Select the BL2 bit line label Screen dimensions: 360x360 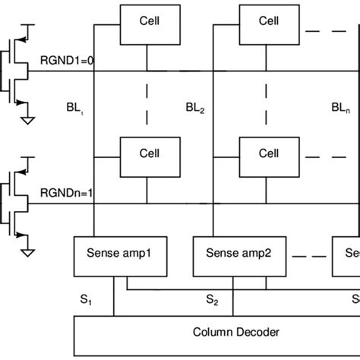pos(194,110)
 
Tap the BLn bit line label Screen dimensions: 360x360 pos(341,110)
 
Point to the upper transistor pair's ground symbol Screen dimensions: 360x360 pos(28,119)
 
